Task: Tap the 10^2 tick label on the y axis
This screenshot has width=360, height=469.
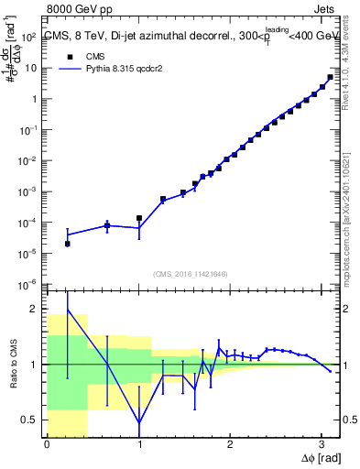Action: (27, 37)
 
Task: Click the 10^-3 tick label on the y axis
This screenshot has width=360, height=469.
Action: (27, 191)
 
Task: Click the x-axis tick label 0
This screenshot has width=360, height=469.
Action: (47, 444)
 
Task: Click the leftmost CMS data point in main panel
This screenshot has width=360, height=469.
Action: (68, 244)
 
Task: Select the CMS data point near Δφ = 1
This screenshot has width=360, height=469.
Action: (139, 218)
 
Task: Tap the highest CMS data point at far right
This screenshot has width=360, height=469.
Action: (330, 77)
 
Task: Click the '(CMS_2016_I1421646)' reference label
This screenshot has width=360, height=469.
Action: (191, 273)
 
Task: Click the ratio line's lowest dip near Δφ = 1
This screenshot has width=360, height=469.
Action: (139, 423)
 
